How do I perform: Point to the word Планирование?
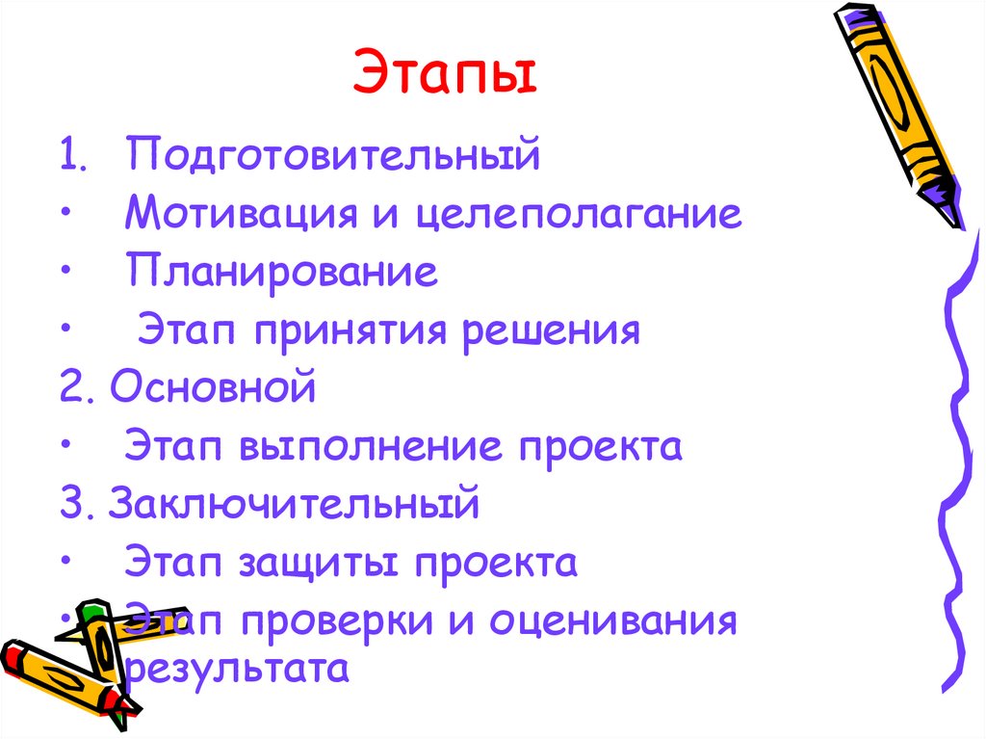tap(281, 273)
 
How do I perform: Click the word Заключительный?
tap(294, 504)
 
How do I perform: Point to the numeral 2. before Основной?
tap(74, 388)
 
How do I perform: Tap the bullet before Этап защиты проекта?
tap(64, 564)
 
